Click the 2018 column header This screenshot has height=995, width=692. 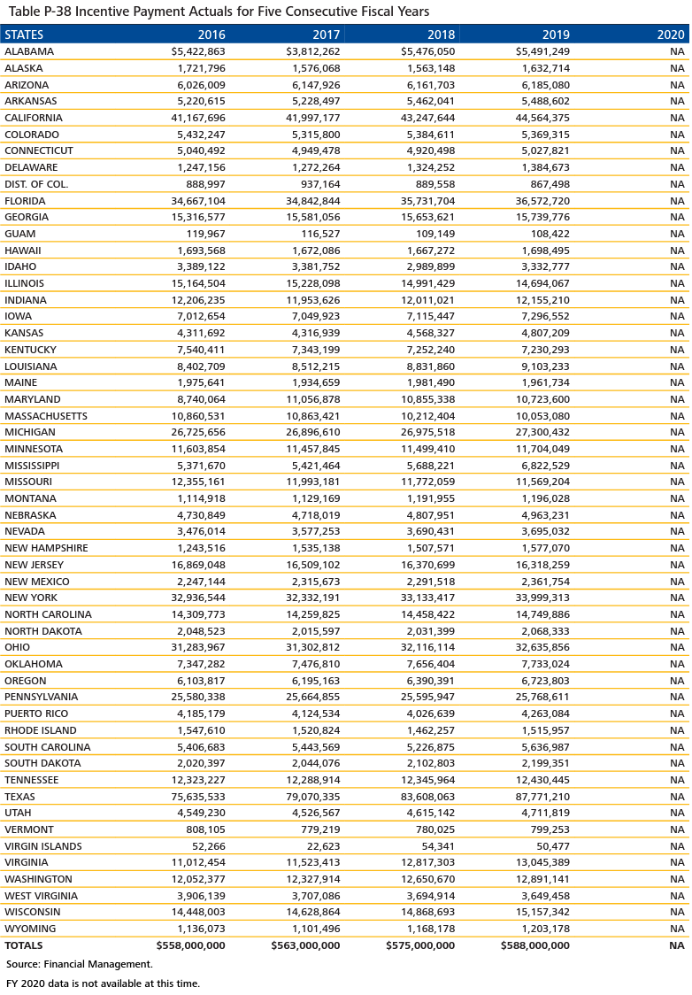[440, 35]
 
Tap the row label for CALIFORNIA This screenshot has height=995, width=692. [34, 118]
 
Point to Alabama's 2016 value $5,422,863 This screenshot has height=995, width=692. [193, 51]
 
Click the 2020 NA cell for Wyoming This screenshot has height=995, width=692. [677, 929]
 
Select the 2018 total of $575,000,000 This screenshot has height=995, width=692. [420, 945]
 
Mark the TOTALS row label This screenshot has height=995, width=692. [25, 945]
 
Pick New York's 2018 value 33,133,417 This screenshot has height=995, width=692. [423, 598]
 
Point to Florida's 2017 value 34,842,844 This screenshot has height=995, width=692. [308, 201]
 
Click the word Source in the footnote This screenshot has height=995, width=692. [23, 964]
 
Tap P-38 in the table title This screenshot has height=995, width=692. [54, 12]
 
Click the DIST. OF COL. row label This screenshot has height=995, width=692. [36, 184]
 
